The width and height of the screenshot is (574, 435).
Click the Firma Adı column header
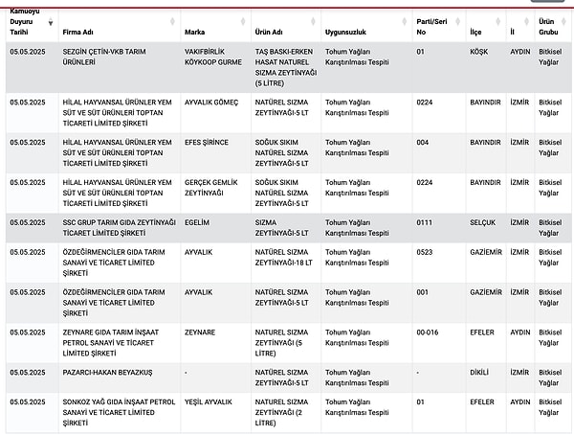(x=78, y=32)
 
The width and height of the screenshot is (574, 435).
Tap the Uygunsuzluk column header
(x=346, y=32)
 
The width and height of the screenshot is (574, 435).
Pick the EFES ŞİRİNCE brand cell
(x=207, y=142)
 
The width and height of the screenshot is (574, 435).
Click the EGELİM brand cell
(x=198, y=221)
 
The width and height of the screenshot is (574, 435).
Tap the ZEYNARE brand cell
(x=200, y=332)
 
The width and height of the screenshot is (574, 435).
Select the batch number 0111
(x=425, y=221)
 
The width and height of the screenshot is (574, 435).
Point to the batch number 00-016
(x=428, y=332)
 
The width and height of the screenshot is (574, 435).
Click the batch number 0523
(x=425, y=252)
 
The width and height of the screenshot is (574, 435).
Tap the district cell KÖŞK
(x=480, y=51)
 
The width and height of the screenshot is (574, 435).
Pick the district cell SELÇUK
(x=483, y=221)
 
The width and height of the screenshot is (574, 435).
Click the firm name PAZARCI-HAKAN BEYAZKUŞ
(x=107, y=372)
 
